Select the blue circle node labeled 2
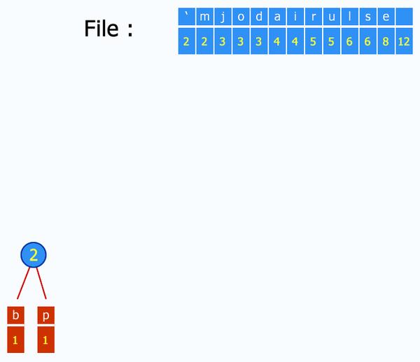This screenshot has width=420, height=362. (x=33, y=255)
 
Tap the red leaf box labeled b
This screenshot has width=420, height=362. (x=15, y=315)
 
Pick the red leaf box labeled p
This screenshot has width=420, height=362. (x=45, y=315)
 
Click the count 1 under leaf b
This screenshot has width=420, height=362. (x=15, y=340)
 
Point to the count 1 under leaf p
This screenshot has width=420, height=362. (x=45, y=340)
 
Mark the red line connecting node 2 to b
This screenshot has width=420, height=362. (x=23, y=284)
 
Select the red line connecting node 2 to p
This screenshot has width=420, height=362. (x=41, y=284)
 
